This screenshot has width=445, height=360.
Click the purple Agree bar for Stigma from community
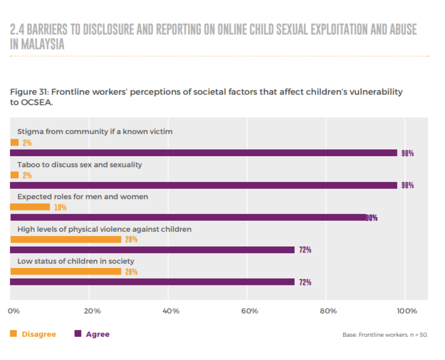(203, 153)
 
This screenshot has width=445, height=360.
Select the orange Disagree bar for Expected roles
(30, 207)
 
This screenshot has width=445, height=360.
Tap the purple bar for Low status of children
(152, 282)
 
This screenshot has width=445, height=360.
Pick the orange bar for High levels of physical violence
(65, 239)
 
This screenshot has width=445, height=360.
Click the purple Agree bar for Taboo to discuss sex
(203, 185)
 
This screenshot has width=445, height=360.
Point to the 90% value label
(372, 218)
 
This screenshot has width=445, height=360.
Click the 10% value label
(60, 207)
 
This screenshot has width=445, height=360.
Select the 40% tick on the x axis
(171, 311)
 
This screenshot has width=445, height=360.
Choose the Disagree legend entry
(33, 334)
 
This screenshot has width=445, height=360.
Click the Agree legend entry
(92, 334)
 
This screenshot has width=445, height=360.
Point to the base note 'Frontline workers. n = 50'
(385, 335)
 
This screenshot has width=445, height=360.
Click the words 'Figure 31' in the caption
(28, 92)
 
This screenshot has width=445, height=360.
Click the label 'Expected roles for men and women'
(82, 197)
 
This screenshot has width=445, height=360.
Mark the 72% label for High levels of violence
(305, 250)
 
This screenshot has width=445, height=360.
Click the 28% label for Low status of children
(131, 272)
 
